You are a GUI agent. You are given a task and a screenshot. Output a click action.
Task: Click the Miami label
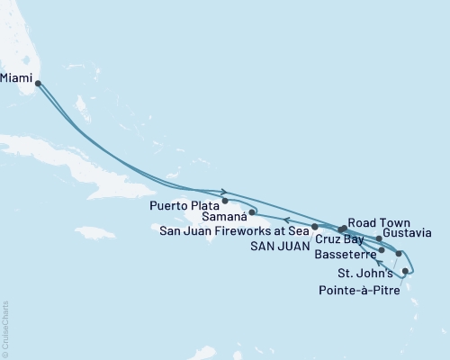17,78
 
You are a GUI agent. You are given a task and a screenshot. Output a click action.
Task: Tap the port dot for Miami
38,84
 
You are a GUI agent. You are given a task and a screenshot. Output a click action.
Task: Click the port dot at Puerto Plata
225,202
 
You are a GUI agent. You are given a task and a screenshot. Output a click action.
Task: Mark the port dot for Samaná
255,213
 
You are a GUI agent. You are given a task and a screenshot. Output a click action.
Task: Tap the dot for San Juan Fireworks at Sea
314,227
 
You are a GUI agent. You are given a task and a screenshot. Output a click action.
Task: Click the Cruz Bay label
339,240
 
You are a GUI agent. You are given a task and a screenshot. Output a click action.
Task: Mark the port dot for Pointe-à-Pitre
406,271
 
